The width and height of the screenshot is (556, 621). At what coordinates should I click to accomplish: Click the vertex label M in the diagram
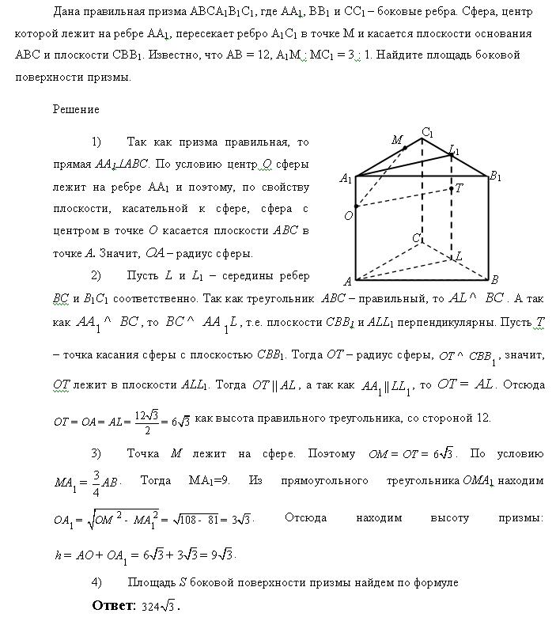coord(397,140)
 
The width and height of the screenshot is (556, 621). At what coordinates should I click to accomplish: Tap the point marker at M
coord(405,148)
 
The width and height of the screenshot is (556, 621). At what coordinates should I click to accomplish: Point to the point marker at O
coord(356,206)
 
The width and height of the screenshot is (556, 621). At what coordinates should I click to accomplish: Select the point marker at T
coord(451,189)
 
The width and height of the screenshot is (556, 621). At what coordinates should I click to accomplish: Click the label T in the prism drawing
coord(459,187)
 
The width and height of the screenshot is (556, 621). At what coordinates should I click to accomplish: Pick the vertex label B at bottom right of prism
coord(494,280)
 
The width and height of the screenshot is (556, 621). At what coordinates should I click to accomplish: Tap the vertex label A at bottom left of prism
coord(347,281)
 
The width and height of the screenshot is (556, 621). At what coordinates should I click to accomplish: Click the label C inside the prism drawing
coord(414,237)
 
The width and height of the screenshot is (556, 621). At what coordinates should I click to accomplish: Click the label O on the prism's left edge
coord(347,215)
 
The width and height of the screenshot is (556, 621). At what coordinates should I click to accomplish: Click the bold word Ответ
coord(115,607)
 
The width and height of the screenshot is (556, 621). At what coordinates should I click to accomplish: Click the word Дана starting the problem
coord(68,12)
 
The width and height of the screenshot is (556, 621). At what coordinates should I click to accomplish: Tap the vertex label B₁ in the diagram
coord(496,177)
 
